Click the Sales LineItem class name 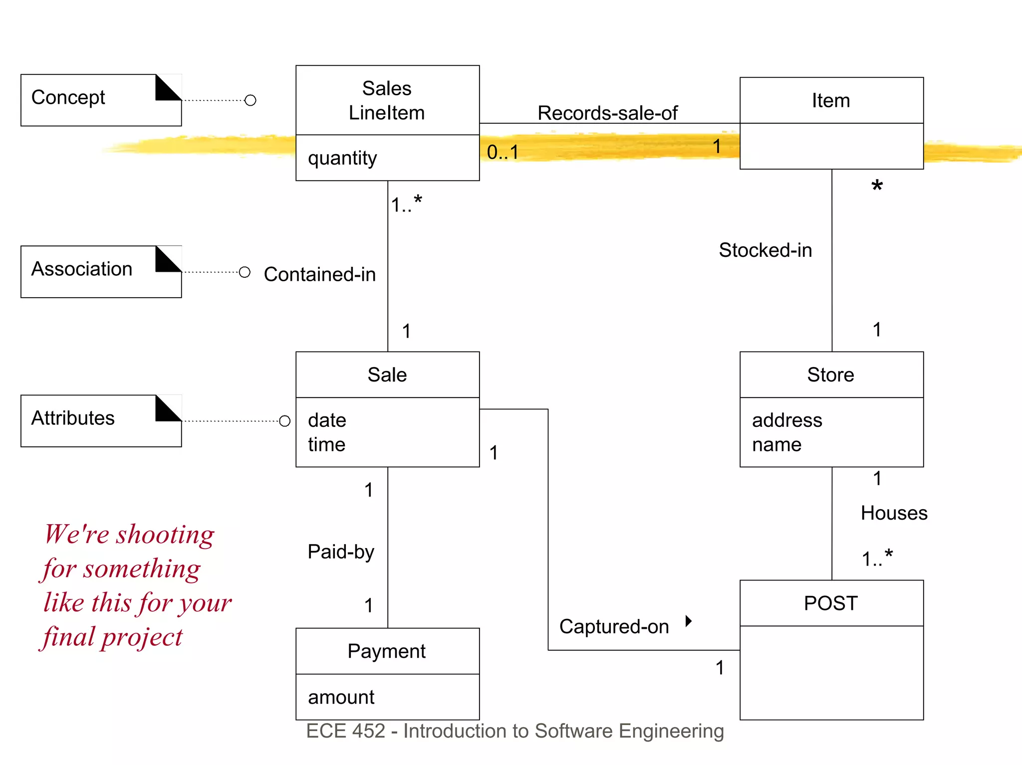[387, 100]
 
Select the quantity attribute [342, 158]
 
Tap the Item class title [831, 100]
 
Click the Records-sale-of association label [607, 113]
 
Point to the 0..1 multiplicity [503, 152]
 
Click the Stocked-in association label [765, 250]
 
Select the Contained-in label [319, 274]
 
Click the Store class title [831, 375]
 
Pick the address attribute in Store [787, 420]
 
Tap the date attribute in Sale [327, 420]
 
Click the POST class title [831, 603]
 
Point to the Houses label [894, 513]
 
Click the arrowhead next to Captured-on [689, 621]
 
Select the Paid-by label [341, 552]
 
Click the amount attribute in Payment [341, 697]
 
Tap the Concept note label [68, 97]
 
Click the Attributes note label [73, 418]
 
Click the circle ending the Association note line [245, 272]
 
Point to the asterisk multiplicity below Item [877, 187]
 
